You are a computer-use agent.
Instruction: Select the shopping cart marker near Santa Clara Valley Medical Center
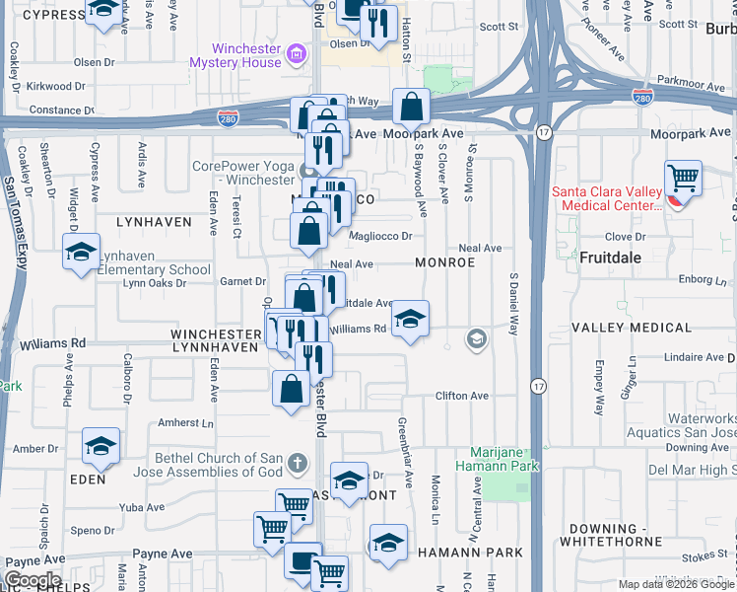tap(683, 180)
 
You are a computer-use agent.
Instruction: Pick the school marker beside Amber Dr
tap(100, 448)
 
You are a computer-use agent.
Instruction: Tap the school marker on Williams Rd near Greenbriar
tap(410, 320)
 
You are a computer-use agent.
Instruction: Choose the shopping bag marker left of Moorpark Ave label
tap(410, 107)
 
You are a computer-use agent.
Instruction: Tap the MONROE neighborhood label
tap(444, 263)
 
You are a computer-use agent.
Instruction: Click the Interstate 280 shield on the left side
tap(226, 117)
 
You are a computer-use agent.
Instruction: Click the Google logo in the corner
tap(33, 579)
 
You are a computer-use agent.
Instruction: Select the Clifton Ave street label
tap(462, 396)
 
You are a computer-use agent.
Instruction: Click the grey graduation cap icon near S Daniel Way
tap(477, 339)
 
